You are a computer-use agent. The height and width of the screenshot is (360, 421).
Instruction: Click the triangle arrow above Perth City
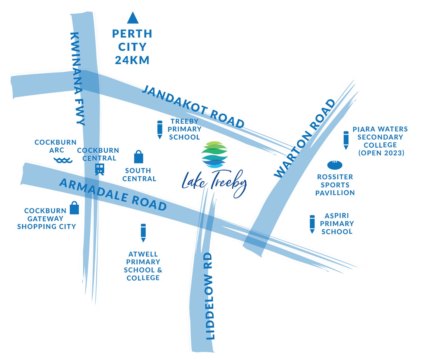pyautogui.click(x=133, y=18)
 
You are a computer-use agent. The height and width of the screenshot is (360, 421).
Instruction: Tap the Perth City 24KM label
pyautogui.click(x=132, y=47)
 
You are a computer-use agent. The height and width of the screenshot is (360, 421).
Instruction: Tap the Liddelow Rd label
pyautogui.click(x=210, y=296)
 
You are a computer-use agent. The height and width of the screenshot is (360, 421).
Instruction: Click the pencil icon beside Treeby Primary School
pyautogui.click(x=160, y=130)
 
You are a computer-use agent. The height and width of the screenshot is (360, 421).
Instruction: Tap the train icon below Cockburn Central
pyautogui.click(x=100, y=169)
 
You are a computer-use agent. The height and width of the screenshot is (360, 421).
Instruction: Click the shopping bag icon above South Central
pyautogui.click(x=139, y=157)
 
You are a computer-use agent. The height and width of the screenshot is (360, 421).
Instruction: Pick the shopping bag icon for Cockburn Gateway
pyautogui.click(x=74, y=208)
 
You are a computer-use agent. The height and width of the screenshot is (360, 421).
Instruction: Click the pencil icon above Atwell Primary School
pyautogui.click(x=143, y=233)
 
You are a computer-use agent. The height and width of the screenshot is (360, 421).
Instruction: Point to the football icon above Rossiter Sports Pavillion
pyautogui.click(x=335, y=165)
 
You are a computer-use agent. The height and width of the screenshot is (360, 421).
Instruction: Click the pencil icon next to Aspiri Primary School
pyautogui.click(x=312, y=224)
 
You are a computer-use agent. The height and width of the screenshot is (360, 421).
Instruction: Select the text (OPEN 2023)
pyautogui.click(x=381, y=153)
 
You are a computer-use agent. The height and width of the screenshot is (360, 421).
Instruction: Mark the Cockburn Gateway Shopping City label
pyautogui.click(x=46, y=219)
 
